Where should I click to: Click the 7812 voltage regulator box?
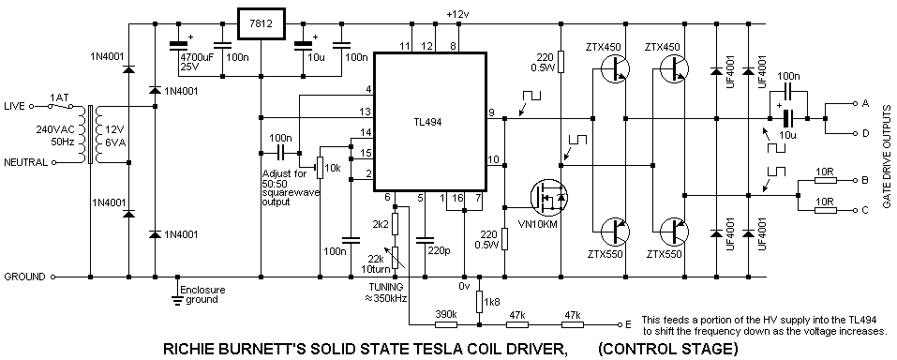pos(261,24)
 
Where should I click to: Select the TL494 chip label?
pos(428,121)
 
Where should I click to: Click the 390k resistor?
pos(445,324)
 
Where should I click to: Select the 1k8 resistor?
pos(479,300)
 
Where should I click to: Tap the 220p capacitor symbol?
pos(424,242)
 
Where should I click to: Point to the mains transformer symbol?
pos(90,134)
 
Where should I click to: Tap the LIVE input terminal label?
pos(15,106)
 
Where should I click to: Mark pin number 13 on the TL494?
pos(365,111)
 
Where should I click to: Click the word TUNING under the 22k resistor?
pos(387,286)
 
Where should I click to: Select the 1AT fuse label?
pos(58,97)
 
